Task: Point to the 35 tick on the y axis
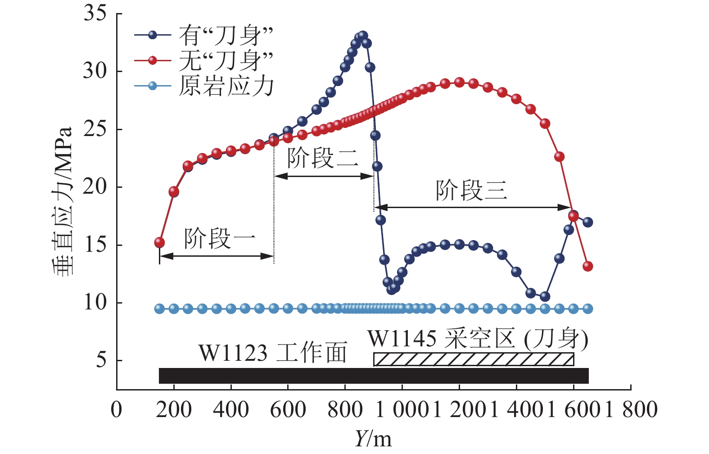[95, 14]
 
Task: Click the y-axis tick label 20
[95, 187]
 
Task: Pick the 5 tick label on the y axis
[101, 360]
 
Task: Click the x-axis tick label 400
[230, 410]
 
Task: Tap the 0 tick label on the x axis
[117, 410]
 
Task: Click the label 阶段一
[219, 239]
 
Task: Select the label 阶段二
[323, 158]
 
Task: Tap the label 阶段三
[471, 190]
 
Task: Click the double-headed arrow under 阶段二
[324, 176]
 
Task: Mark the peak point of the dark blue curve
[363, 36]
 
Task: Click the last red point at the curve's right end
[587, 266]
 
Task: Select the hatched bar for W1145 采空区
[474, 359]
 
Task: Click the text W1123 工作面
[273, 353]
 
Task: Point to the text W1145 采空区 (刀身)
[478, 339]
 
